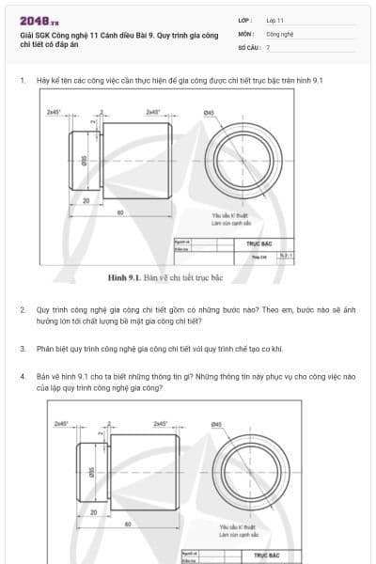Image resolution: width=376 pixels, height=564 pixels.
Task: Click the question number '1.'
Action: (23, 81)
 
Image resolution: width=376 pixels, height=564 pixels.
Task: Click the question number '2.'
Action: (23, 308)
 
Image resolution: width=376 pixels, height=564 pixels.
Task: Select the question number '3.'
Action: (23, 348)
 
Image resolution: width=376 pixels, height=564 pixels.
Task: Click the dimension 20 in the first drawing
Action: (86, 200)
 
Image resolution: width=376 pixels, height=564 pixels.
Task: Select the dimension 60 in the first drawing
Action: (120, 212)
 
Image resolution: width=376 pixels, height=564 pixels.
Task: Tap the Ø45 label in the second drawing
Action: (216, 425)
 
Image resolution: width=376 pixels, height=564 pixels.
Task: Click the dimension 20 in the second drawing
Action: (94, 512)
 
